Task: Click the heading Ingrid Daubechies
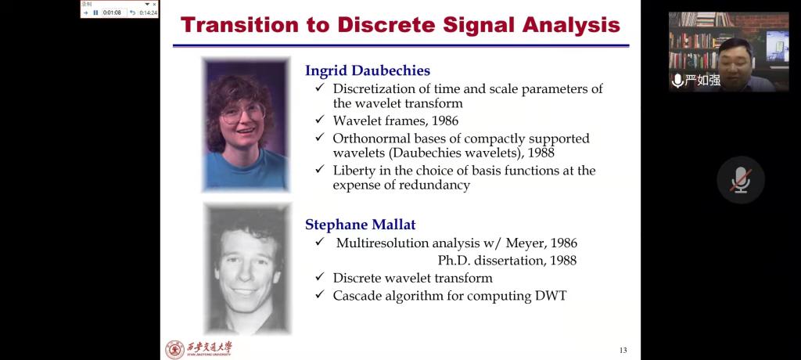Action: (368, 70)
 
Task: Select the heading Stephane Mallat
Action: (360, 225)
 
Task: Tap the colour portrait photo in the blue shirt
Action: (246, 124)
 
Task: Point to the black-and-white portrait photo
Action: (247, 268)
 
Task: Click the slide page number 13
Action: (623, 351)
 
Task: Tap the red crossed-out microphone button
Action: (740, 180)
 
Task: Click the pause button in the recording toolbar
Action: (95, 13)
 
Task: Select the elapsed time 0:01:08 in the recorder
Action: (112, 13)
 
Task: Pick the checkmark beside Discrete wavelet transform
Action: (320, 277)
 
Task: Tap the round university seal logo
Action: (174, 349)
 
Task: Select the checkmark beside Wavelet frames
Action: (320, 121)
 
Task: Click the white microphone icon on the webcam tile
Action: (678, 81)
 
